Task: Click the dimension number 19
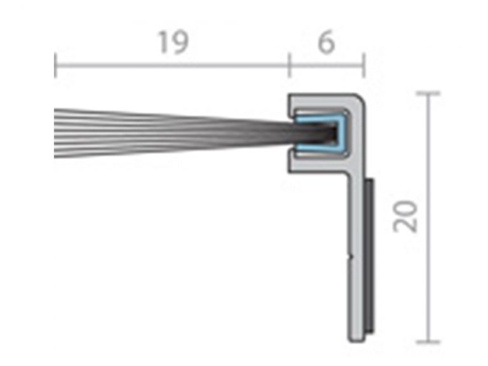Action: (x=173, y=43)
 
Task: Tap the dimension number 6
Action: (x=325, y=43)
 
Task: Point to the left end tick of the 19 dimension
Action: (x=55, y=65)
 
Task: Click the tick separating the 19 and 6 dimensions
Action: (x=289, y=65)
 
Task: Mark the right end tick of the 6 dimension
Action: (x=363, y=65)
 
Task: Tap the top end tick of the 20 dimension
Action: (x=430, y=93)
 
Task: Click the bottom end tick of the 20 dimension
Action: (x=430, y=342)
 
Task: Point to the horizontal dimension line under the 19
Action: (x=172, y=65)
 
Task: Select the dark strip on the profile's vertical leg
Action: (x=369, y=254)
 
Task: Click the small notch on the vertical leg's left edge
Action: (x=350, y=257)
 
